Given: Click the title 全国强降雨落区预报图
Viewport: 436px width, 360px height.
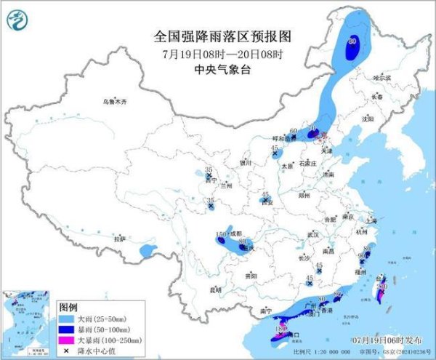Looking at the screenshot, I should tap(218, 35).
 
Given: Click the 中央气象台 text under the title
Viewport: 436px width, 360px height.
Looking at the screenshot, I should tap(218, 70).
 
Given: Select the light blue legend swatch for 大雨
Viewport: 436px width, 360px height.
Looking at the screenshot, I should tap(68, 319).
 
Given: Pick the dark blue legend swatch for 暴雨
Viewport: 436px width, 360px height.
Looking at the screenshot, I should tap(68, 329).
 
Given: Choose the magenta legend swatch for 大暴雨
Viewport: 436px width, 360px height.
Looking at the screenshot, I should tap(68, 340).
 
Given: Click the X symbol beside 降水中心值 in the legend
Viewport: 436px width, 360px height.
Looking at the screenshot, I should tap(68, 350).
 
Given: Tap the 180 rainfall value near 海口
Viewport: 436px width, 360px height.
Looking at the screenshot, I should tap(278, 329).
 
